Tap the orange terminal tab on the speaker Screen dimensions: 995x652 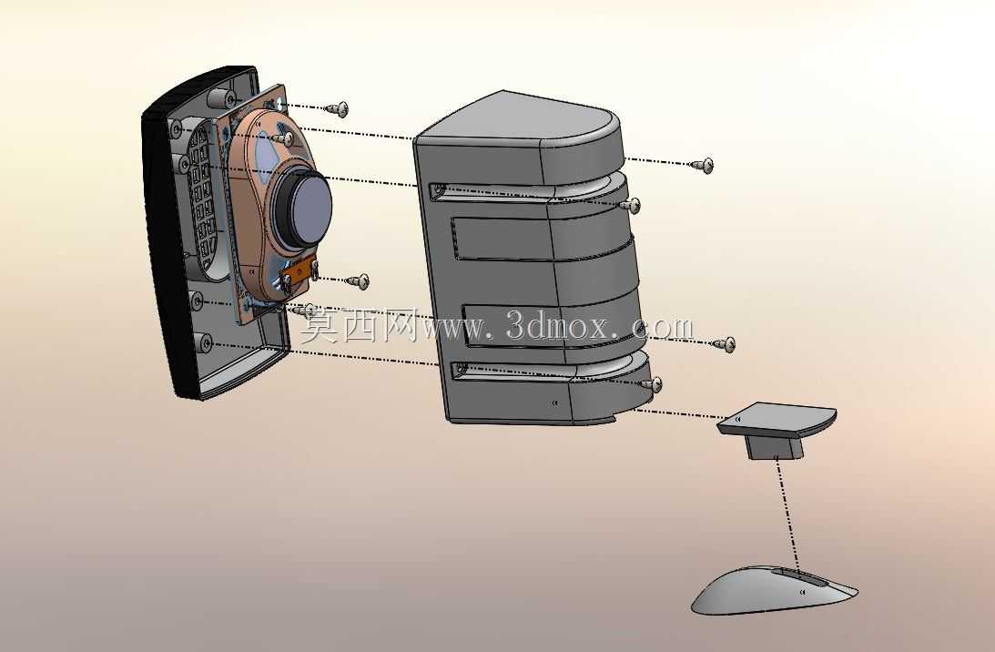pos(299,270)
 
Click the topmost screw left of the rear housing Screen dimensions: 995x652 pos(337,108)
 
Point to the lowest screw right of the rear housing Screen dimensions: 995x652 pos(650,384)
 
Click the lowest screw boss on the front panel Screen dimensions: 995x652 pos(204,343)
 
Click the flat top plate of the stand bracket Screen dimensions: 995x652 pos(777,418)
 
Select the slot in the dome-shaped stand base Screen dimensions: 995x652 pos(799,576)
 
